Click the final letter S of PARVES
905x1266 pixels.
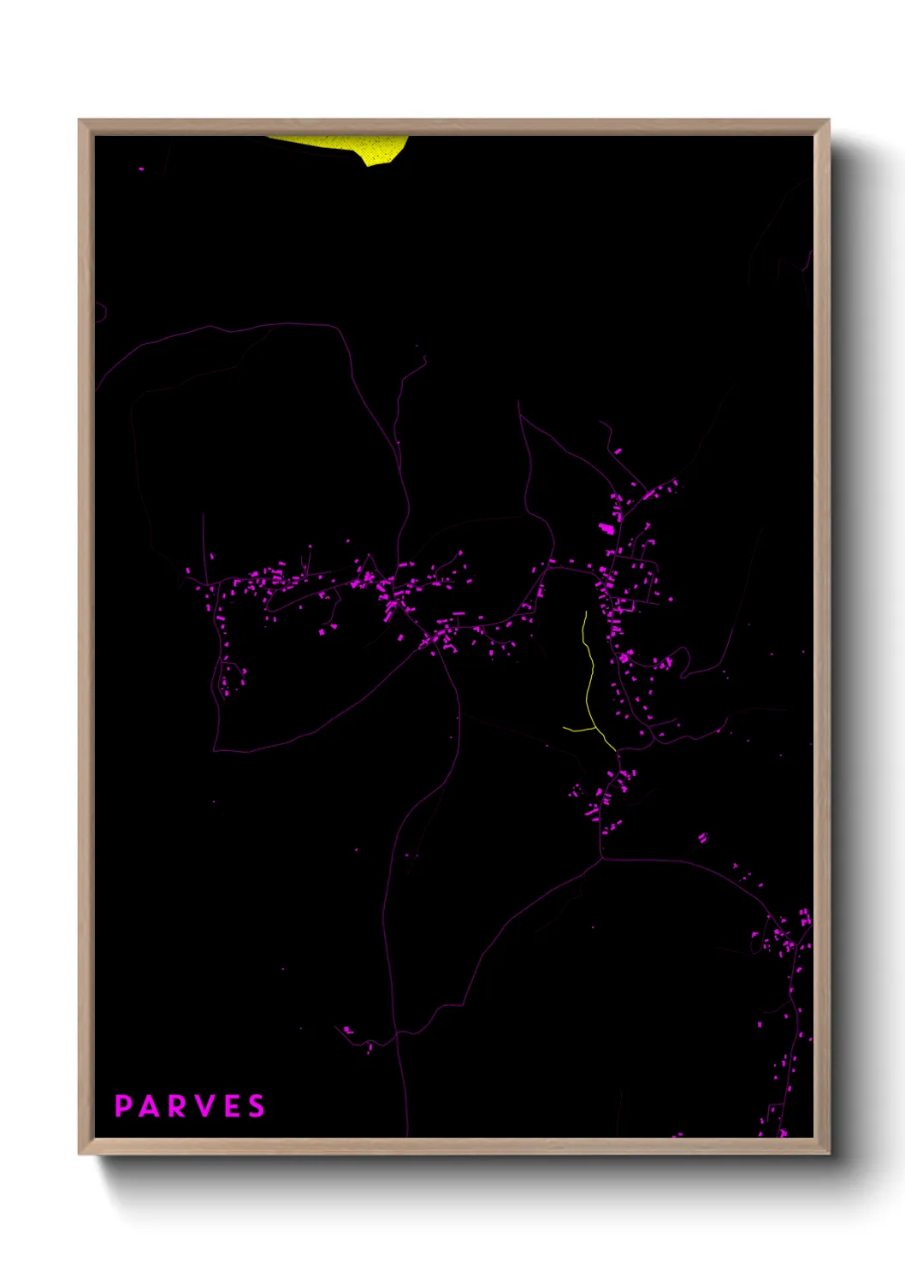click(x=257, y=1106)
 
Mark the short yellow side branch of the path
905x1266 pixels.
click(x=578, y=730)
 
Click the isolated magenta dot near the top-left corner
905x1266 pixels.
click(x=141, y=169)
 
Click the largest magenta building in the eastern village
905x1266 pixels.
click(x=606, y=529)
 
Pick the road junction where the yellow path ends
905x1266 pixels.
click(x=616, y=752)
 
